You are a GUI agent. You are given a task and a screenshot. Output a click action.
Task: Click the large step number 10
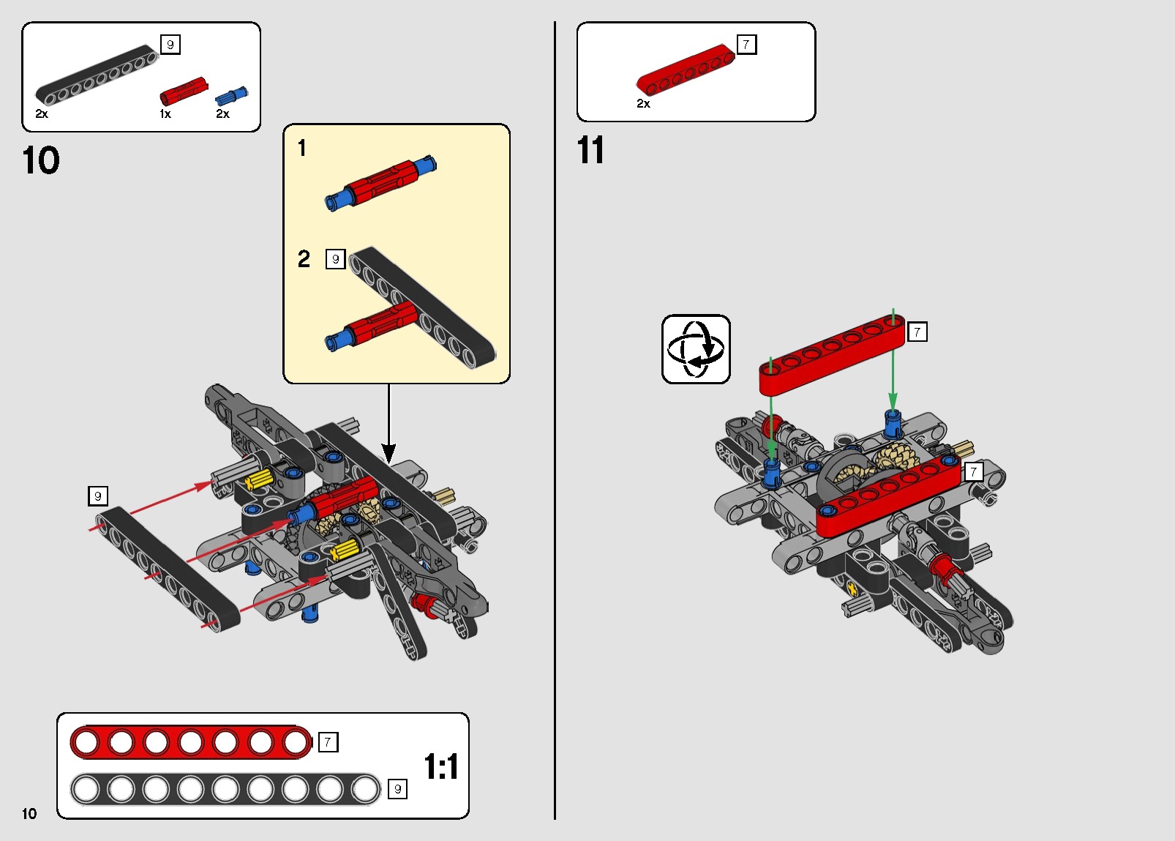41,160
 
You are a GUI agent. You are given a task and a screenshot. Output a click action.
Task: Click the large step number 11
590,150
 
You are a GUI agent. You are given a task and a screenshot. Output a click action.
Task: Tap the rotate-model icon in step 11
696,349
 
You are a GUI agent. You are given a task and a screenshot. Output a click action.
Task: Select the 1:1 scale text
441,767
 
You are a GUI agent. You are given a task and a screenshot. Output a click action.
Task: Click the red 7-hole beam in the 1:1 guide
190,742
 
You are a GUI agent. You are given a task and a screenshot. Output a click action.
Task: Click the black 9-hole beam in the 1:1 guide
225,790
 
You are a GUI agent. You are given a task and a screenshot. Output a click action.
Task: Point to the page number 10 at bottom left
29,813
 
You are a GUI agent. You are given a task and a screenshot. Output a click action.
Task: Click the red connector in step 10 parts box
183,91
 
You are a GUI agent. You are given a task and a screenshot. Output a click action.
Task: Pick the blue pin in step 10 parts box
231,96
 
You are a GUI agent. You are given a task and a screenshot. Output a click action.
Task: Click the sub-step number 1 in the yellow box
301,149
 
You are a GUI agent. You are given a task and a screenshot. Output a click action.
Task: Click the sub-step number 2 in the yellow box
304,259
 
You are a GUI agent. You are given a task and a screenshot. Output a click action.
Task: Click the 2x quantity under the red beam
643,104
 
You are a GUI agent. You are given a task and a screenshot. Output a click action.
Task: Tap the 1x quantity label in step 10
165,114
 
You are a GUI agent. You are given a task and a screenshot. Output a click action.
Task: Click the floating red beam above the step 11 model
832,354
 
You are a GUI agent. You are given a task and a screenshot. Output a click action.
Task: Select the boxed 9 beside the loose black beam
98,496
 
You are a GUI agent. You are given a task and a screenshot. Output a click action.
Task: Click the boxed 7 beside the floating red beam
917,332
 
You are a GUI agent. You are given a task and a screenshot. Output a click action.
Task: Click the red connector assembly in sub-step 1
381,182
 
